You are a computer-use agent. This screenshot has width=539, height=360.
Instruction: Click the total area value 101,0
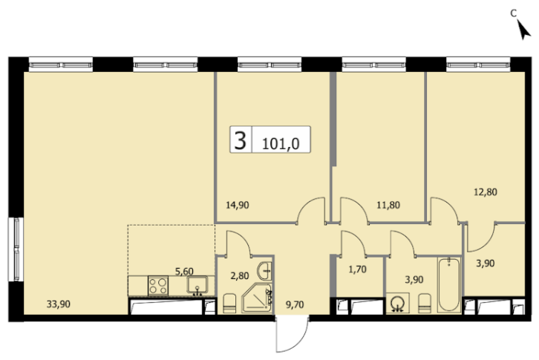pos(281,143)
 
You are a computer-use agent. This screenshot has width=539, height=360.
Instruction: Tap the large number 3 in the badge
pos(241,140)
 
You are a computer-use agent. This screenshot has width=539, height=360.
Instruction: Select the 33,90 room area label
pos(59,304)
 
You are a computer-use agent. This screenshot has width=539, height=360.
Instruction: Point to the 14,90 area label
pos(237,206)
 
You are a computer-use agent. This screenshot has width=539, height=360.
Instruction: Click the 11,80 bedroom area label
pos(388,206)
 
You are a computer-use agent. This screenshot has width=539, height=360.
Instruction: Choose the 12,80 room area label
pos(486,192)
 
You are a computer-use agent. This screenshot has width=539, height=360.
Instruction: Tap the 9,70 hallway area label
pos(295,304)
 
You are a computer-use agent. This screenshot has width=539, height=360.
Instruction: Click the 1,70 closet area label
pos(358,269)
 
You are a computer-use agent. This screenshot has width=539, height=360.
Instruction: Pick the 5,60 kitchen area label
pos(184,271)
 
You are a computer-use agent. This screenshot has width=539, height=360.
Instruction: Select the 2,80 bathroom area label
pos(240,276)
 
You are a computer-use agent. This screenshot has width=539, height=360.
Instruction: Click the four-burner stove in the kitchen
pos(158,286)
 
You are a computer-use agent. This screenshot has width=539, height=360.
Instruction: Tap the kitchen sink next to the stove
pos(197,285)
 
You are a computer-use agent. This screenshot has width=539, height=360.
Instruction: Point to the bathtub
pos(449,285)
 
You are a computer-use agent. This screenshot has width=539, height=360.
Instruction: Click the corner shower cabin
pos(256,298)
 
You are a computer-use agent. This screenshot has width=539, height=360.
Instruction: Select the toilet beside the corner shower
pos(229,304)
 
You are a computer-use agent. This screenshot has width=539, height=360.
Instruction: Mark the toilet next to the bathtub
pos(425,304)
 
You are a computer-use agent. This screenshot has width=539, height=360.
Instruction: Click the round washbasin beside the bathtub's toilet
pos(398,303)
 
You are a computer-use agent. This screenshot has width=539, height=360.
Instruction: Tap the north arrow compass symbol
pos(523,30)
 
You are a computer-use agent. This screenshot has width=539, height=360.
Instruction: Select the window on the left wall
pos(16,249)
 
